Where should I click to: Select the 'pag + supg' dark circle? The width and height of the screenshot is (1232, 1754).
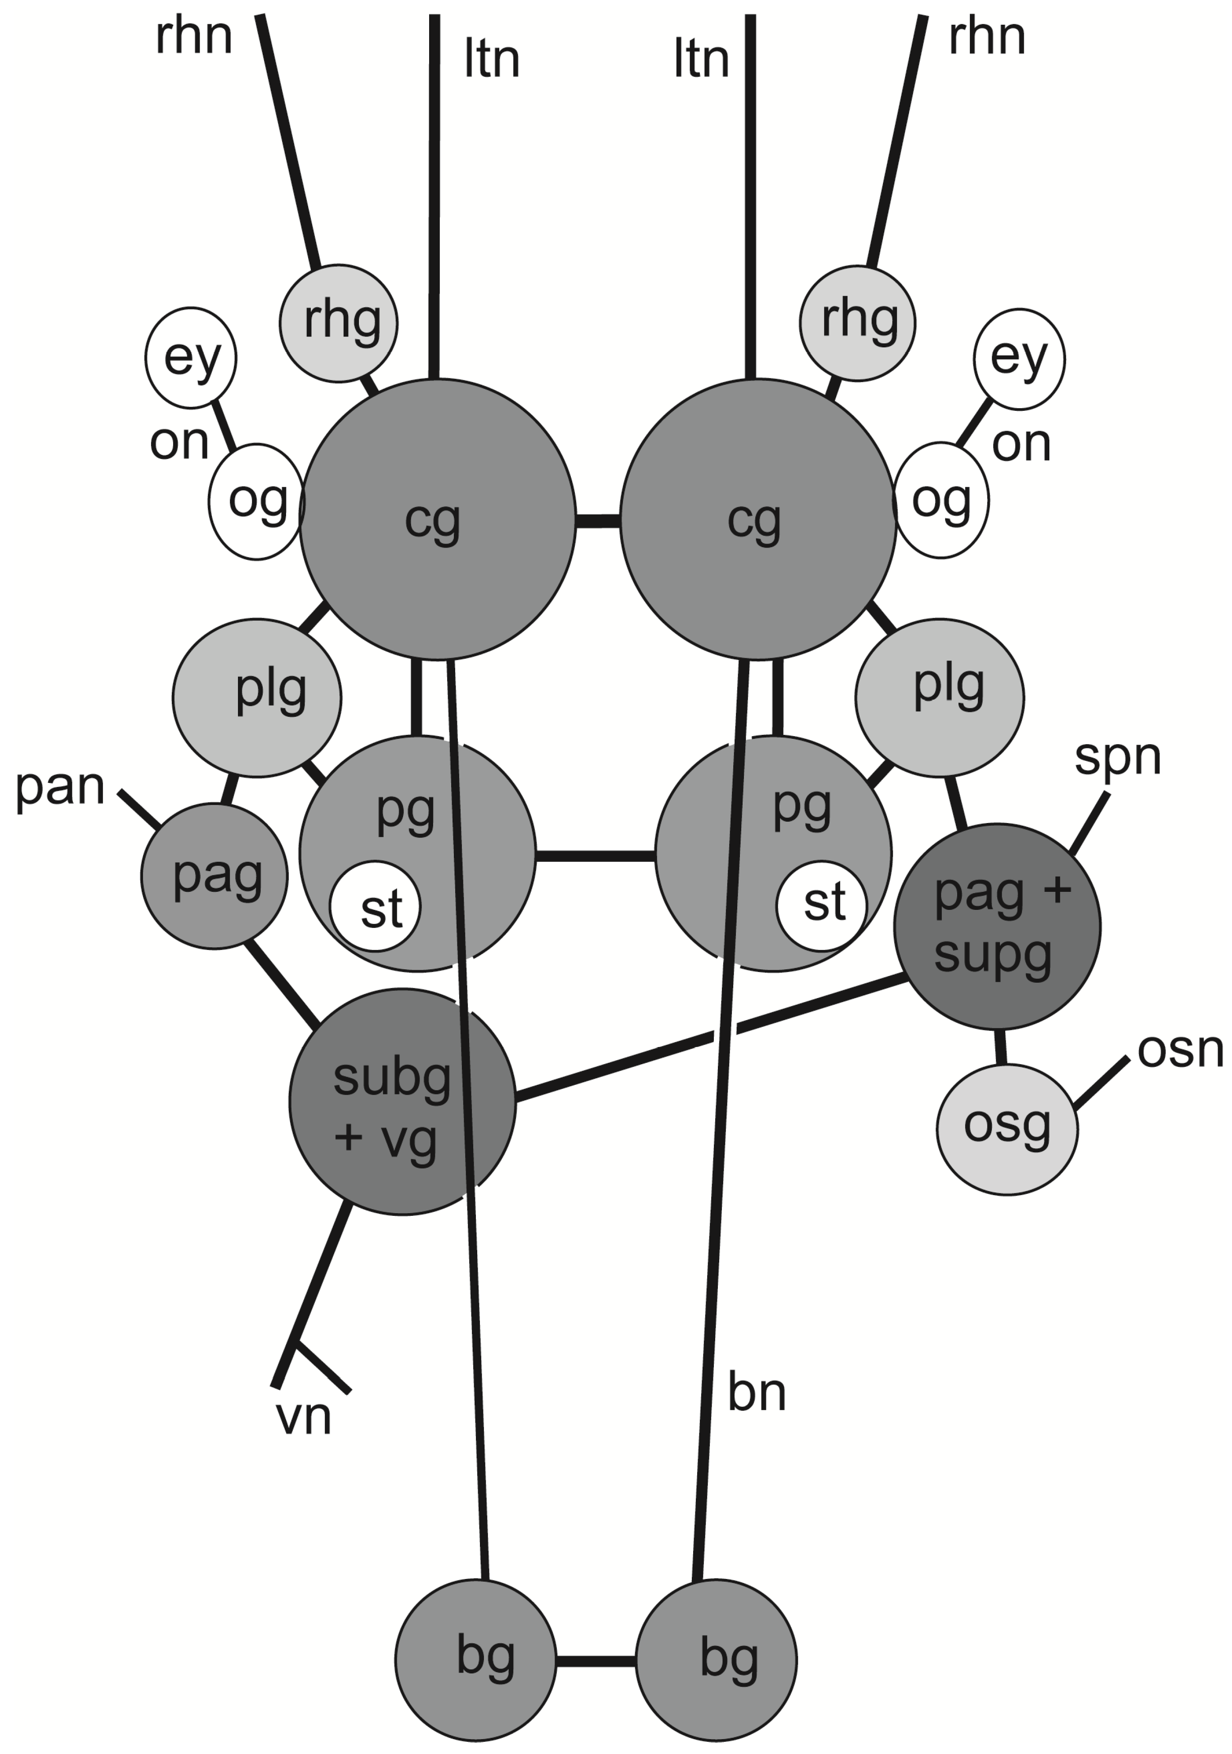997,926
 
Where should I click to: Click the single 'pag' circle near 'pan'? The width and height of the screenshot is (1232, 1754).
215,876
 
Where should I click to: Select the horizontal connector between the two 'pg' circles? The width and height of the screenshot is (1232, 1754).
595,855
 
